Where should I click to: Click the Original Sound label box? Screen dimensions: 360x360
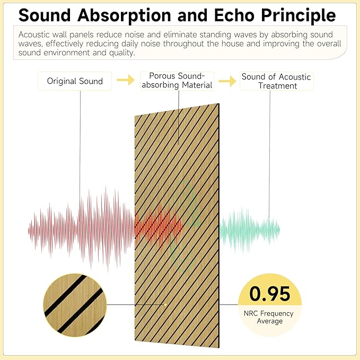[75, 81]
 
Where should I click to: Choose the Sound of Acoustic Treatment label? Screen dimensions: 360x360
[276, 81]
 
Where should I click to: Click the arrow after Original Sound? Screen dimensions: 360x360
[126, 81]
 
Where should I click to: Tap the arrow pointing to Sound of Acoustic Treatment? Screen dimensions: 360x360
[227, 81]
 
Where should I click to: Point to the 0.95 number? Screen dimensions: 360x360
[270, 294]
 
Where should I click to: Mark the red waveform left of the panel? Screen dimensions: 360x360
[80, 228]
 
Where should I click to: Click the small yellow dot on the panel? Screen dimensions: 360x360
[166, 304]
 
